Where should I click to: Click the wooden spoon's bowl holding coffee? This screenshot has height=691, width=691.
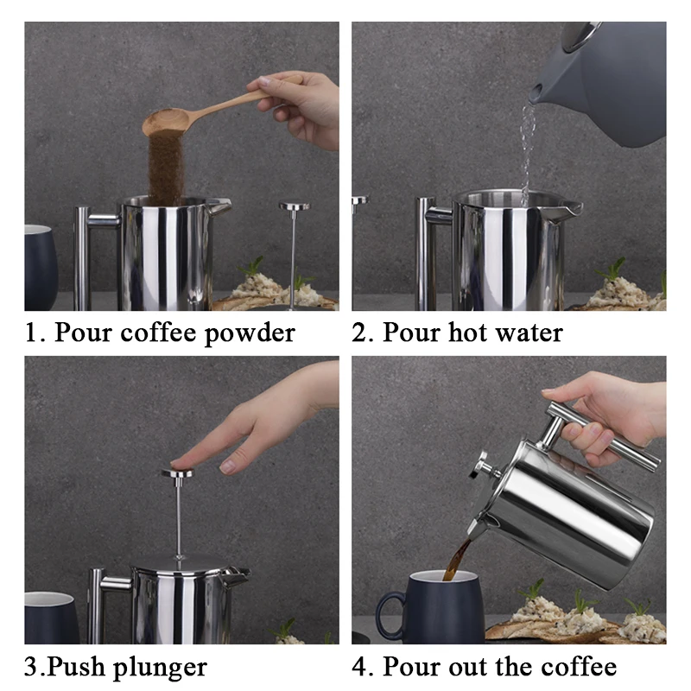pos(166,121)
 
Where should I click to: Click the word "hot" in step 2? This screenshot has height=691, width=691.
pos(466,332)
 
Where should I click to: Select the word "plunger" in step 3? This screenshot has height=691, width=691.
pos(161,668)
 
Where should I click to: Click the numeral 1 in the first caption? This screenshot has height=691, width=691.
pos(32,333)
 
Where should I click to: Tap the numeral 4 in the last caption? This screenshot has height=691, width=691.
pos(360,666)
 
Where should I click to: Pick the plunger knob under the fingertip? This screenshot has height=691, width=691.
pos(178,472)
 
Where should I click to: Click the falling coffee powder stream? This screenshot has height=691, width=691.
pos(166,167)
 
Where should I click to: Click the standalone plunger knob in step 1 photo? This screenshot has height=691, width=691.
pos(295,206)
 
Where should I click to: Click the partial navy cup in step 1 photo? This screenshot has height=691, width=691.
pos(41,267)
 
